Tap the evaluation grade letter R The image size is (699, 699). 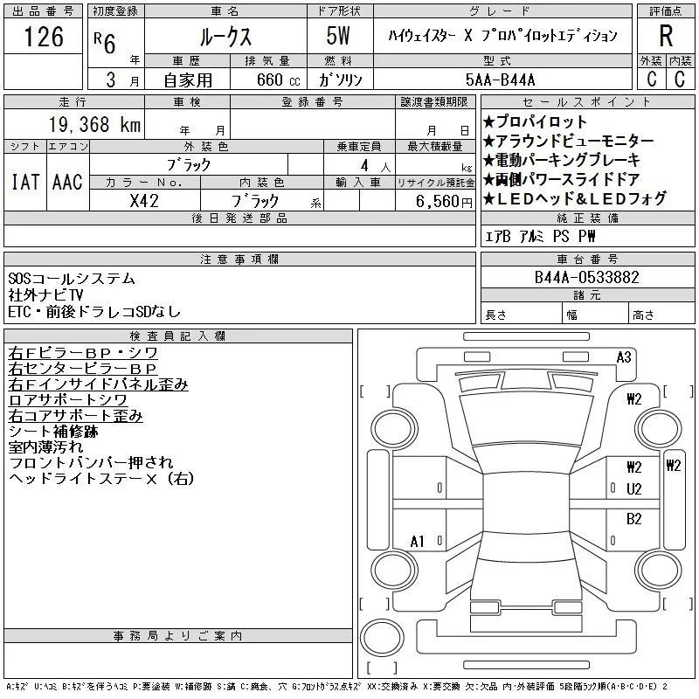tap(665, 36)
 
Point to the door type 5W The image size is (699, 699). tap(340, 37)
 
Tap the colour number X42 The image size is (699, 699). tap(144, 200)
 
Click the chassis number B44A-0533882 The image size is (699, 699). tap(587, 278)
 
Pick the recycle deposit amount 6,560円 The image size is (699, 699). tap(434, 200)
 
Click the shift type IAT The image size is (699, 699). tap(24, 182)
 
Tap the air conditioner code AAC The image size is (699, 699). tap(67, 182)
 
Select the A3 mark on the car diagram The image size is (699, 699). tap(624, 356)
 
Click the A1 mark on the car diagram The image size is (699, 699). tap(418, 542)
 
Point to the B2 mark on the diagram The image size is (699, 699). tap(634, 518)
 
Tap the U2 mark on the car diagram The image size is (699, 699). tap(634, 488)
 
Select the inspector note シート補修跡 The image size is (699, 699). tap(52, 431)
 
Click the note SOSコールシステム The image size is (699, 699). tap(72, 279)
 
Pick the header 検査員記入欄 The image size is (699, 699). tap(178, 336)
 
